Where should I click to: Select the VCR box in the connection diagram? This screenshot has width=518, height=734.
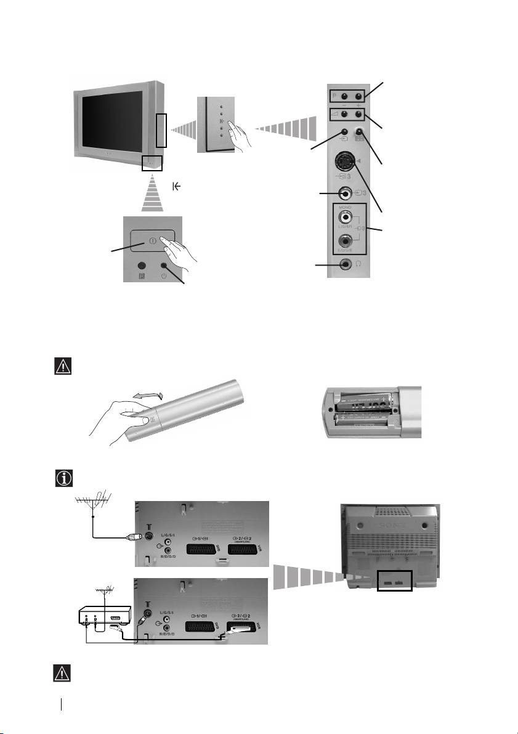105,614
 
